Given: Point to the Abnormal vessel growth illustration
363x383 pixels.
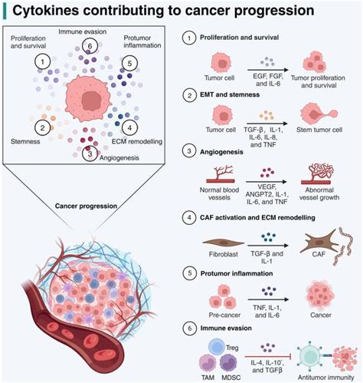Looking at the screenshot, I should point(323,180).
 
